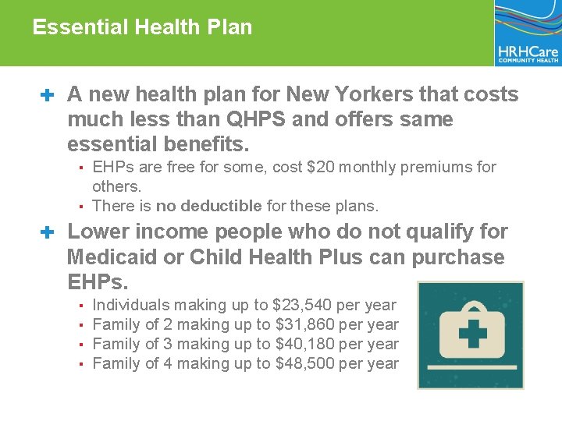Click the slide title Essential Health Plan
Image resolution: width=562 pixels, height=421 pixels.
[x=142, y=27]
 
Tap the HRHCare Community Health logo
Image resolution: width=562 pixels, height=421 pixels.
[x=528, y=33]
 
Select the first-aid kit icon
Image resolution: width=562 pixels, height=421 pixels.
[x=470, y=334]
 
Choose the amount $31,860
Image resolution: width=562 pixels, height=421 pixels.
[x=307, y=324]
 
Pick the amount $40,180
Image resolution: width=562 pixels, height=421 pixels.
[x=307, y=344]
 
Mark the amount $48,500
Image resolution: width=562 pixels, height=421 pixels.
[x=307, y=363]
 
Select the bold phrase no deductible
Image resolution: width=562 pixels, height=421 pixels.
[x=208, y=207]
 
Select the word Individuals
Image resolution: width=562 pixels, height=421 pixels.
[x=130, y=305]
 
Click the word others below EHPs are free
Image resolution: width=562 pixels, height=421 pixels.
[x=116, y=186]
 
